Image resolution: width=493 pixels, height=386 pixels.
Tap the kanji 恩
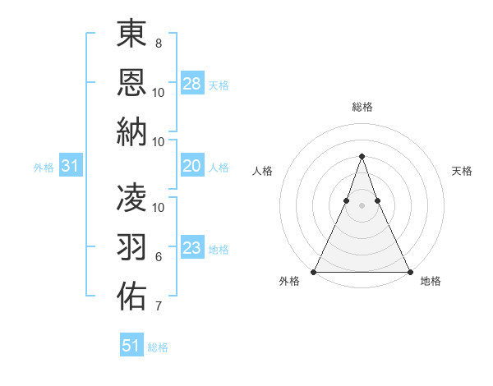tap(132, 81)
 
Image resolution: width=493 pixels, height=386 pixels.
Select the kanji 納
tap(132, 131)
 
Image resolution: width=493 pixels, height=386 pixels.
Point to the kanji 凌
tap(132, 197)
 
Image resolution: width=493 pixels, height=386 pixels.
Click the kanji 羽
tap(132, 246)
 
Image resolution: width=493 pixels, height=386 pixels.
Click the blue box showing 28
tap(192, 83)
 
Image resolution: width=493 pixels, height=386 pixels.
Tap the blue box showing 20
tap(192, 166)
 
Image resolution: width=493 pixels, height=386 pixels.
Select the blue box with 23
tap(192, 248)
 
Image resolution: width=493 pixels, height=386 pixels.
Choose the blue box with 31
tap(71, 166)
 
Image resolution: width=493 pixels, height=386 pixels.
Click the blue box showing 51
tap(131, 346)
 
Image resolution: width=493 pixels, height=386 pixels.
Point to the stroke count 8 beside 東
tap(159, 43)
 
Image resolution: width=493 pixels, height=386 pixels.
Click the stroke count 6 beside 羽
tap(159, 257)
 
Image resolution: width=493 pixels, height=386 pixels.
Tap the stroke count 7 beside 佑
tap(159, 307)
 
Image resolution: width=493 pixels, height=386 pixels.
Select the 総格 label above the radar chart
tap(362, 107)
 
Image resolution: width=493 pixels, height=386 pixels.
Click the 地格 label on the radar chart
tap(431, 282)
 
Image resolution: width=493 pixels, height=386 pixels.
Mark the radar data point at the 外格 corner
tap(314, 271)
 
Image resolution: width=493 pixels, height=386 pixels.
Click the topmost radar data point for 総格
tap(362, 156)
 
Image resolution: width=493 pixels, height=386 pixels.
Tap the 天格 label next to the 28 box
tap(219, 85)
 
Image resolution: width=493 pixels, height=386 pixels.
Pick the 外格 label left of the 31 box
tap(44, 168)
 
